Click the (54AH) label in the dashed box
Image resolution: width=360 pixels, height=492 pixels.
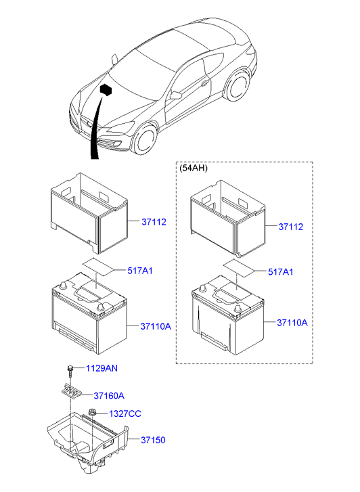point(194,169)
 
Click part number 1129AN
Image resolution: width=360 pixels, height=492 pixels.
point(102,368)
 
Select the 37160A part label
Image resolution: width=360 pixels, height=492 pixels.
point(109,396)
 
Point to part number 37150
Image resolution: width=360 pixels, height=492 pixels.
point(154,440)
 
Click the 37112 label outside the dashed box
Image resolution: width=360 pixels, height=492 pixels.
point(154,221)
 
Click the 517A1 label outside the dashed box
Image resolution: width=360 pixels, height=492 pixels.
point(140,271)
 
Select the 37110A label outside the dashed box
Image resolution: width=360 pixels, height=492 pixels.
point(156,326)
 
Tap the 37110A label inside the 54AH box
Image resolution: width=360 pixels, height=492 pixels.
point(292,323)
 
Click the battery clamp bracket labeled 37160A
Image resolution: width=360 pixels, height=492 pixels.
point(70,391)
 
